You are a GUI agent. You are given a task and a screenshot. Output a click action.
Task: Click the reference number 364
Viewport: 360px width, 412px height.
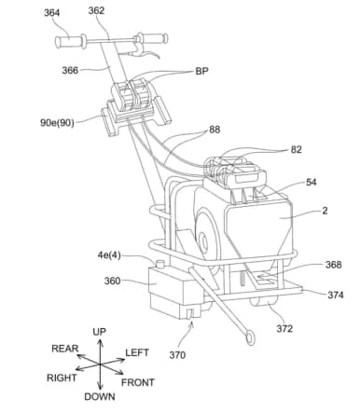point(51,13)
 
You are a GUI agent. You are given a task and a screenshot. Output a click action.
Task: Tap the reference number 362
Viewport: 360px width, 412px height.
point(96,10)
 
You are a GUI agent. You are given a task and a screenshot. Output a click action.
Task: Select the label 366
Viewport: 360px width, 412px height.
point(70,70)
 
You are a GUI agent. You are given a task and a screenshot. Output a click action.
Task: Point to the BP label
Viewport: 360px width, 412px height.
point(201,71)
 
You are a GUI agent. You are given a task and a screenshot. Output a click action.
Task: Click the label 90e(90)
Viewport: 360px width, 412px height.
point(57,123)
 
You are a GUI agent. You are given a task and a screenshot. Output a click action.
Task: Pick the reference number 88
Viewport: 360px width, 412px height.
point(215,130)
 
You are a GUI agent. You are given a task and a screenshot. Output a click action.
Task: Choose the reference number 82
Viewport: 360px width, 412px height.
point(296,149)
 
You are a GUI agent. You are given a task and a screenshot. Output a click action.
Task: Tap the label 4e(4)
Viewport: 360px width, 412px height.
point(109,255)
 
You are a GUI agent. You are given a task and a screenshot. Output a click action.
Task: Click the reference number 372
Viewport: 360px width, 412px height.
point(284,328)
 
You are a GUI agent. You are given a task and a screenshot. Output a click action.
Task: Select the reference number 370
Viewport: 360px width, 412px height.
point(177,354)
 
